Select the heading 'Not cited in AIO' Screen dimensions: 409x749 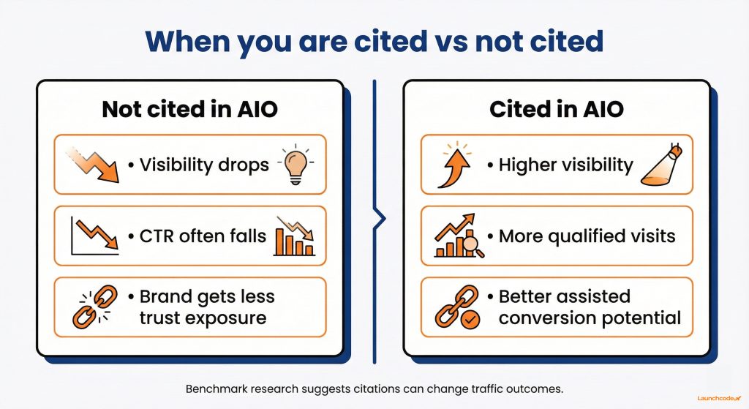[x=189, y=109]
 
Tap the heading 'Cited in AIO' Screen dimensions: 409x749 [x=556, y=109]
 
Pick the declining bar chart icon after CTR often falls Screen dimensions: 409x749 [x=295, y=236]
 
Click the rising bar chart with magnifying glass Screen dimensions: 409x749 [x=457, y=236]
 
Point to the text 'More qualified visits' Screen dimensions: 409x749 [x=587, y=236]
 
